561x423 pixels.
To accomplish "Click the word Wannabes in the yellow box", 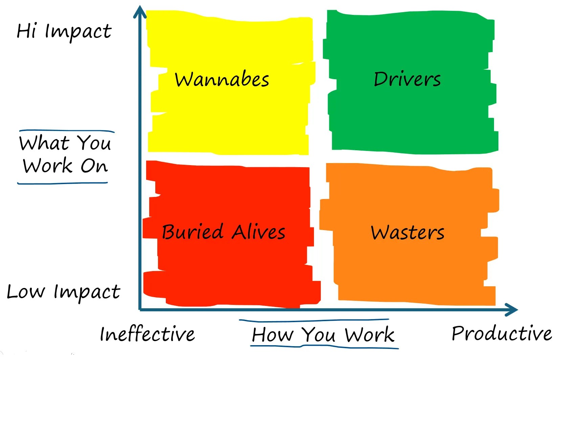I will click(x=222, y=80).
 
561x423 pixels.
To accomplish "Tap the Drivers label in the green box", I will click(x=407, y=79).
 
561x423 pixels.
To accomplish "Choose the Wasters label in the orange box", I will click(x=407, y=232).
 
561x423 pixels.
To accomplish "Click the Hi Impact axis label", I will click(x=64, y=31).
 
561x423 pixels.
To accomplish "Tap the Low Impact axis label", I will click(x=63, y=292).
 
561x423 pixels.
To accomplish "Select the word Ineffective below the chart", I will click(x=147, y=334).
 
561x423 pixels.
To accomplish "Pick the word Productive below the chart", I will click(x=501, y=333).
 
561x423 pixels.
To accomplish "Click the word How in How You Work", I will click(x=273, y=335).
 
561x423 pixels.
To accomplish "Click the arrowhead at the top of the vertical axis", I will click(x=139, y=12).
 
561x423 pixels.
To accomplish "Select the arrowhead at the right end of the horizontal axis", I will click(x=511, y=310).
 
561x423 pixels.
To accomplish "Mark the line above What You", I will click(x=67, y=131).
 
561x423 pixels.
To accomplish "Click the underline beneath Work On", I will click(x=63, y=183).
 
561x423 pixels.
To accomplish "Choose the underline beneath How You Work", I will click(x=324, y=347).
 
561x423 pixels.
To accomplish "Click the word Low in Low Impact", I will click(x=26, y=292).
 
